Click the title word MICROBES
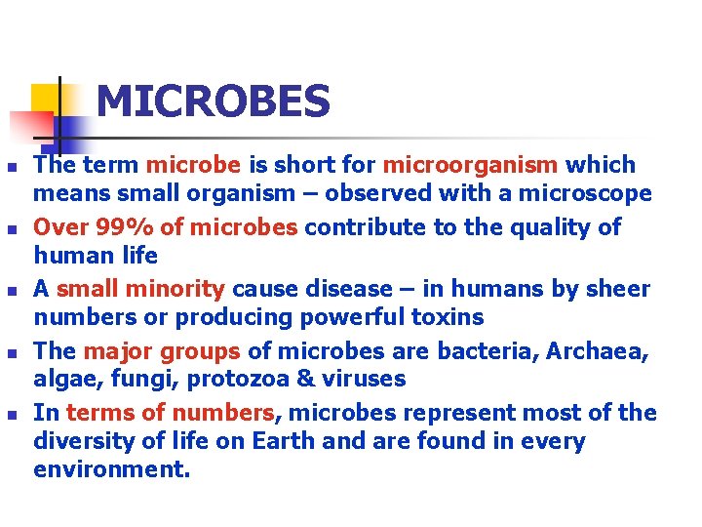(214, 101)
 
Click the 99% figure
(128, 227)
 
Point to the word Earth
(284, 440)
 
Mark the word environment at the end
(111, 469)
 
